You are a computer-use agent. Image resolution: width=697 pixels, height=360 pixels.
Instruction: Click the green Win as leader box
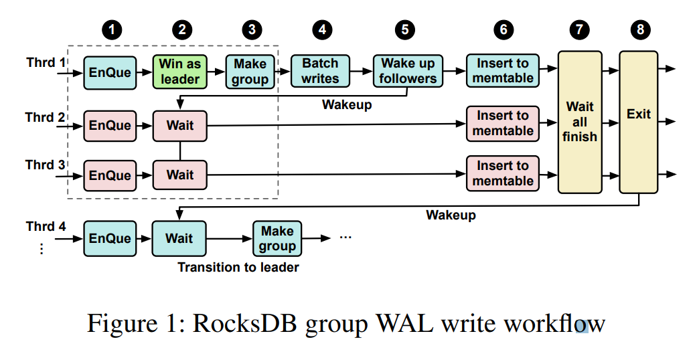180,71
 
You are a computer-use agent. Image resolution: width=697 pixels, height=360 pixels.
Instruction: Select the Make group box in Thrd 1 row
250,71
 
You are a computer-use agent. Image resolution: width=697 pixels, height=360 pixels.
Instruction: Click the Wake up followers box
408,71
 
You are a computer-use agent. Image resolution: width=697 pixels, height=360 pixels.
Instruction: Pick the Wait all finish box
579,122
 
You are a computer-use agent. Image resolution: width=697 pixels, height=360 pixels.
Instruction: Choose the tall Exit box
638,122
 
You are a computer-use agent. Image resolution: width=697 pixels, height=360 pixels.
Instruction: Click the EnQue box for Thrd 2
110,125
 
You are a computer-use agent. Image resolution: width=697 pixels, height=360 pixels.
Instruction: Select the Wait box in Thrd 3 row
180,175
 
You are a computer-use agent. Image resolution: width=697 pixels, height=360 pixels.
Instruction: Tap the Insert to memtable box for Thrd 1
503,71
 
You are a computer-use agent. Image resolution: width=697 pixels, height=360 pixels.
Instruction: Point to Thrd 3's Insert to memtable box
503,173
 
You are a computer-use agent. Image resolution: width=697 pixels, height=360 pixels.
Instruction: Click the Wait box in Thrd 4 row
179,239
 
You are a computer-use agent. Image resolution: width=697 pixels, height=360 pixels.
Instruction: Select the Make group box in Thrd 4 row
277,239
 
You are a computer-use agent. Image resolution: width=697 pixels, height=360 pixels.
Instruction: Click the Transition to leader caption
238,268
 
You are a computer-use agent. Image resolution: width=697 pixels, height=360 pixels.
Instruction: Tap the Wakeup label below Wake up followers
347,104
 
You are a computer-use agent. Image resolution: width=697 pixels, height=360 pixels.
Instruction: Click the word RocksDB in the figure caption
246,325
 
